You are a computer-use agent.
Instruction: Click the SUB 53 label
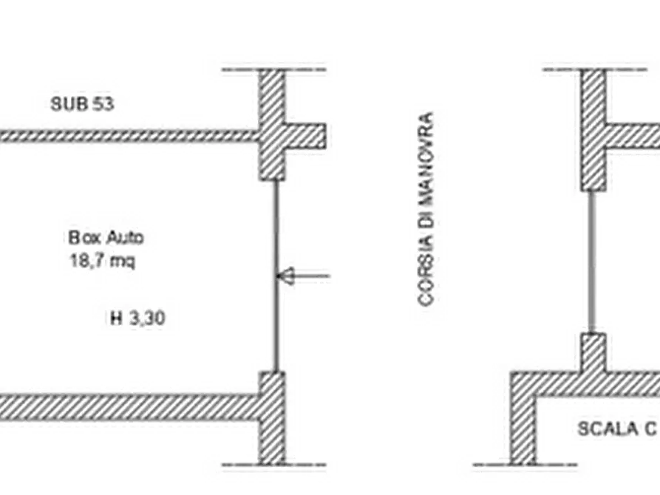[82, 103]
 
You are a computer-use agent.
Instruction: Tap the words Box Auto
[106, 238]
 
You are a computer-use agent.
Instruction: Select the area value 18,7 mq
[102, 261]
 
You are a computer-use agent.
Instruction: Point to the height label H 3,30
[137, 318]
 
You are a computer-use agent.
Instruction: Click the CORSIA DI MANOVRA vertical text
[426, 208]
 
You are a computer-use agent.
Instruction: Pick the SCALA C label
[617, 429]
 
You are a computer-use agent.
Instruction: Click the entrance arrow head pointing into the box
[285, 276]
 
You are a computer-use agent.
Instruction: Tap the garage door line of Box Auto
[276, 276]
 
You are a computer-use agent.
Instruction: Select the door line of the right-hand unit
[592, 262]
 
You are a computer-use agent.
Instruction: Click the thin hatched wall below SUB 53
[129, 135]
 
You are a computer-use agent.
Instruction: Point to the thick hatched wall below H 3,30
[129, 407]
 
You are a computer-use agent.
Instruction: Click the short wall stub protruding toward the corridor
[305, 136]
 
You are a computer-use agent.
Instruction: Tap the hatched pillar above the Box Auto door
[271, 125]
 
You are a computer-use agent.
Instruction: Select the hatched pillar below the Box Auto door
[271, 418]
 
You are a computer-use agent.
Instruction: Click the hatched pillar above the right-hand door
[593, 130]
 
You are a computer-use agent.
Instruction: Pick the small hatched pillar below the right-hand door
[593, 352]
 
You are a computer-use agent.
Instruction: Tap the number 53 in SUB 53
[103, 103]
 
